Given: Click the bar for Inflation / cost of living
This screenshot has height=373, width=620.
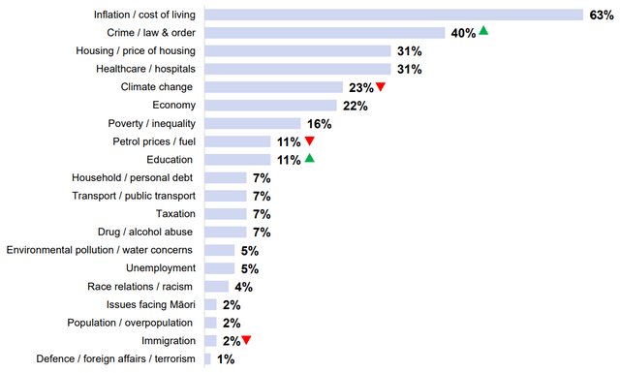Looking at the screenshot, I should [393, 15].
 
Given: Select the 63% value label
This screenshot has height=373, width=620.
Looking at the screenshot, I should [600, 15].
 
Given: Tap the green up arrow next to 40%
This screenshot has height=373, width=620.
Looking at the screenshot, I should [483, 32].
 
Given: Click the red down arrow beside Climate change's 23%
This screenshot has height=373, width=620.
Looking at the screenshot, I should [381, 87].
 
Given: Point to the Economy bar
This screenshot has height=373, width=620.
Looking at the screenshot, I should [270, 105].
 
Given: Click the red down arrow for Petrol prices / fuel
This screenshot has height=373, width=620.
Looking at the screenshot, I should [310, 141].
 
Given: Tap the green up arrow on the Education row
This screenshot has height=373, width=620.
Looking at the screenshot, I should [310, 158].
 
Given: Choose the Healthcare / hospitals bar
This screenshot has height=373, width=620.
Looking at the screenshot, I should [297, 69].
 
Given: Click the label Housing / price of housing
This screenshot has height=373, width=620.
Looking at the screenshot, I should [136, 50].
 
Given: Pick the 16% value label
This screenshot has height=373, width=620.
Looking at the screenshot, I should [319, 123].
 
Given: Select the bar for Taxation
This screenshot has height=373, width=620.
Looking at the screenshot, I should [226, 213].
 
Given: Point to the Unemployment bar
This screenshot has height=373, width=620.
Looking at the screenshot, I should [220, 267].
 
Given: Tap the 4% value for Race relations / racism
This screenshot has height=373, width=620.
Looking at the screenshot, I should [242, 286].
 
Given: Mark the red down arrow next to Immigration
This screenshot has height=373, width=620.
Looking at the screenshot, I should [246, 340].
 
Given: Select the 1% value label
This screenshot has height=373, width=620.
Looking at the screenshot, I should [225, 358].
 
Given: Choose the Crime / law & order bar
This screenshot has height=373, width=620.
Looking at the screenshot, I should [325, 32].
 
